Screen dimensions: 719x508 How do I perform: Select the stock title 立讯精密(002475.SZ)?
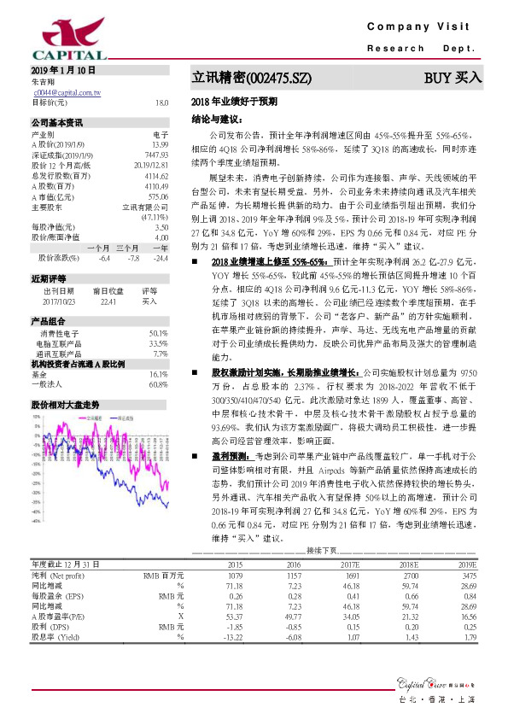coord(251,78)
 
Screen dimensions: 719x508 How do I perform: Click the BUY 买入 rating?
coord(453,78)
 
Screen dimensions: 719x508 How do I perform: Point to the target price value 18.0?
coord(161,102)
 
